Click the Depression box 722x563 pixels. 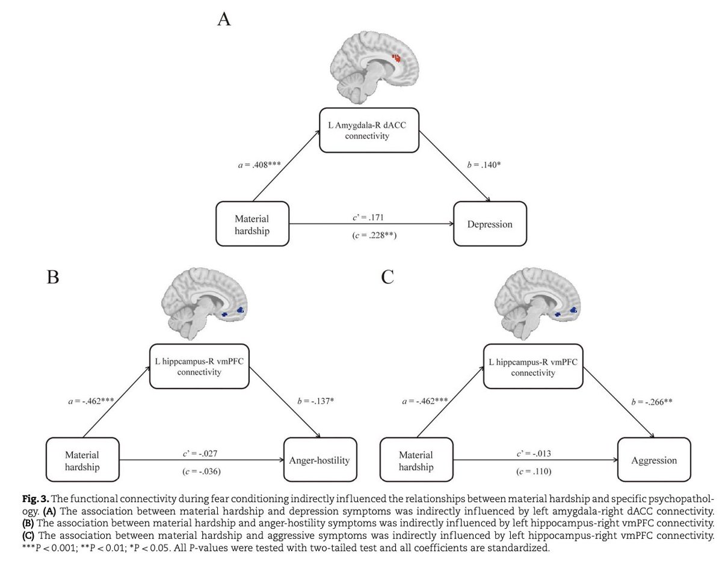coord(490,224)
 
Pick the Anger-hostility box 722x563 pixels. coord(320,461)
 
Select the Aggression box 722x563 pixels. coord(653,461)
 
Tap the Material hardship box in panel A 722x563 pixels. coord(252,224)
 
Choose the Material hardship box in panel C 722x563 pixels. coord(416,461)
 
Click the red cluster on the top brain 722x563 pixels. coord(396,58)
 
